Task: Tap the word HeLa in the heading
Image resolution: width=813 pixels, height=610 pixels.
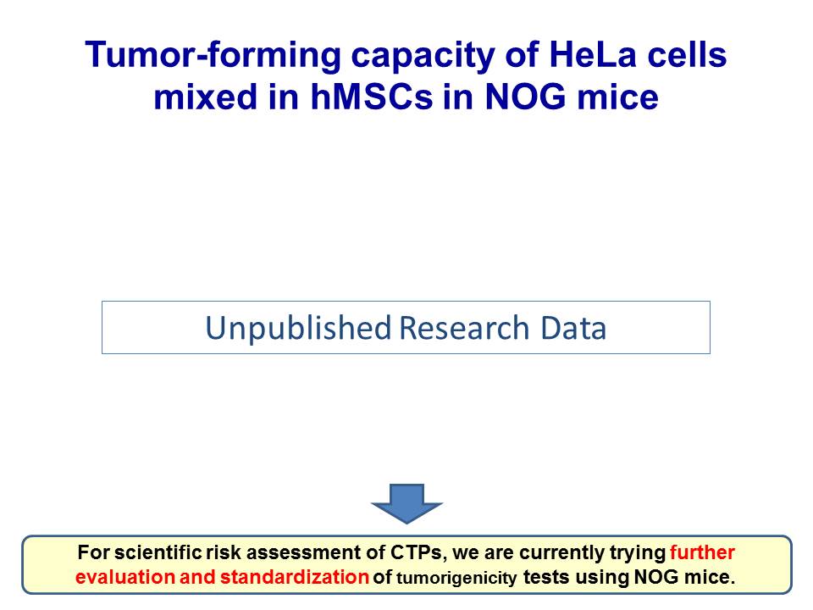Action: click(593, 54)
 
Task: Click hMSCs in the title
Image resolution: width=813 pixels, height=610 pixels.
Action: click(371, 97)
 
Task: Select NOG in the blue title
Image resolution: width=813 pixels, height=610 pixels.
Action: click(525, 97)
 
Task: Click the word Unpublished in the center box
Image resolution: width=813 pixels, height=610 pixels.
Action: click(298, 329)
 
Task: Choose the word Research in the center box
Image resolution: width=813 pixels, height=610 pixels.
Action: click(464, 328)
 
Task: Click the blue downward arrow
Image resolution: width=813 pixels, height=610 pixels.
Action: click(406, 503)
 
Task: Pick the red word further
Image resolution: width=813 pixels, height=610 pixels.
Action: click(702, 552)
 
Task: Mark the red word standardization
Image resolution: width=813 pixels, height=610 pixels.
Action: click(295, 577)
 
